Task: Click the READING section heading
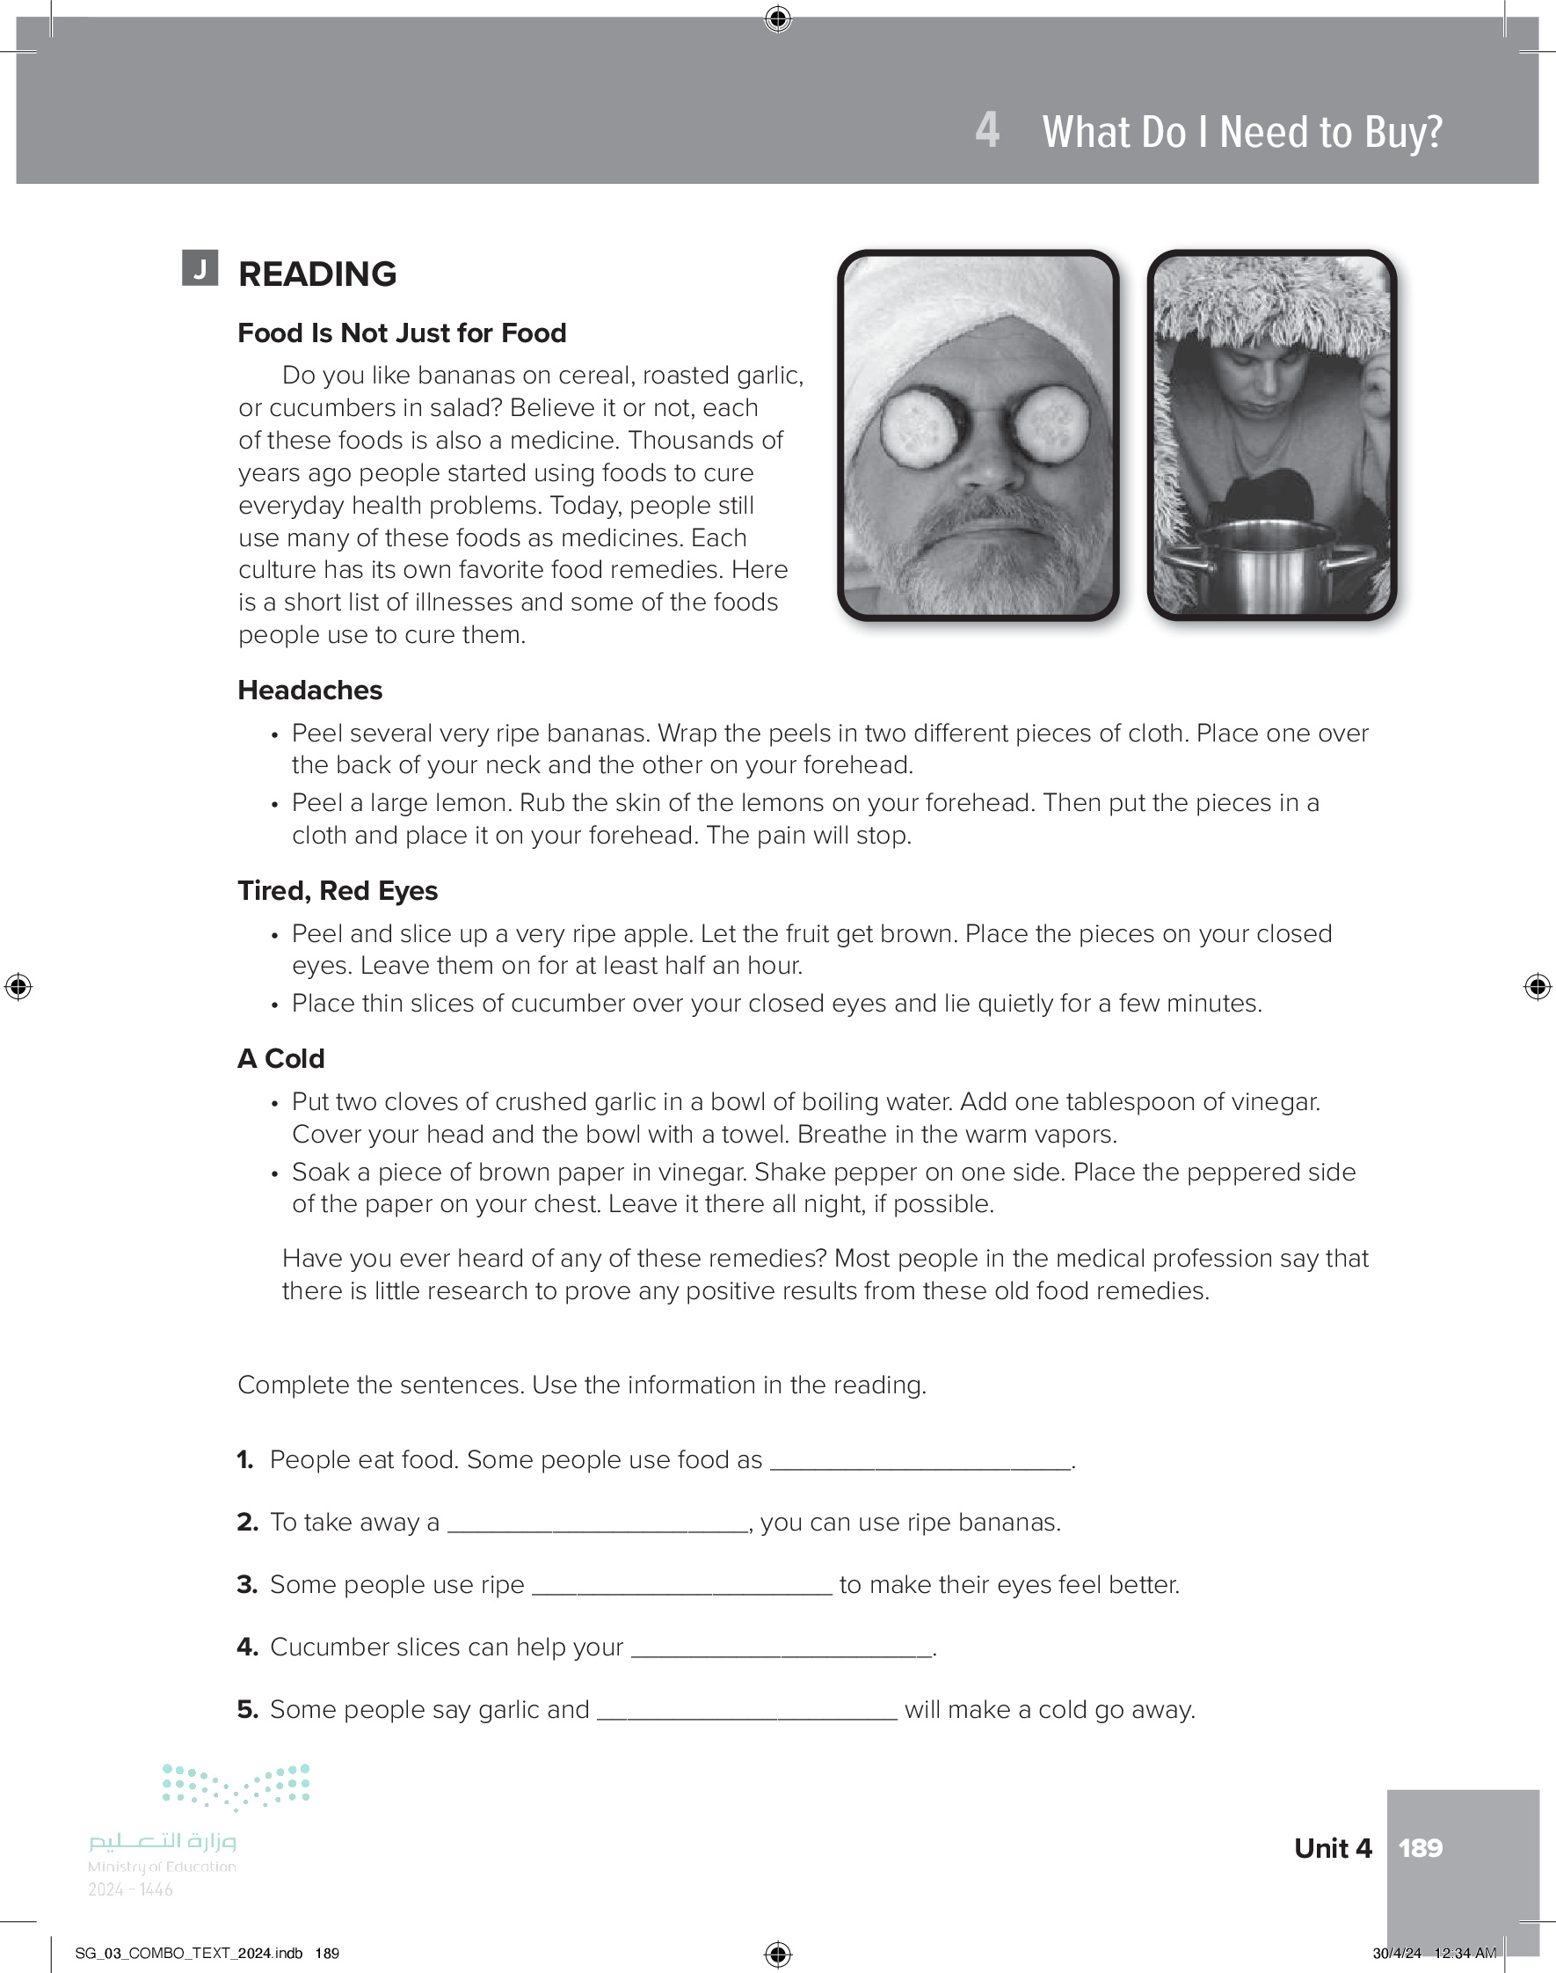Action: click(317, 274)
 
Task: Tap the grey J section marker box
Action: click(200, 268)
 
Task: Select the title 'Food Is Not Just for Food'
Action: click(402, 333)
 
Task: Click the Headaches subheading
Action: click(309, 690)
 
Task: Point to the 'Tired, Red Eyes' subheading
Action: click(337, 890)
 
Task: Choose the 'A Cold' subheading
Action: click(280, 1058)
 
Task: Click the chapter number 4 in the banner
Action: click(986, 130)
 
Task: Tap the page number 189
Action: click(1421, 1847)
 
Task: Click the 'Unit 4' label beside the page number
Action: click(1332, 1847)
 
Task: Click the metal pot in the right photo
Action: click(1271, 574)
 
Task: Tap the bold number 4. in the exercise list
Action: click(247, 1647)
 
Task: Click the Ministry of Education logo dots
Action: click(236, 1787)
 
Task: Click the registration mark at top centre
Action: click(778, 18)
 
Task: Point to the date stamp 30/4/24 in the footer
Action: click(1397, 1953)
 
